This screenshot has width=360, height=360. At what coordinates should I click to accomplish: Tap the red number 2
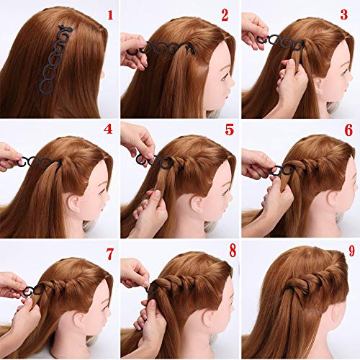pos(225,15)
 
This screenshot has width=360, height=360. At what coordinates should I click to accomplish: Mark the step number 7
pos(109,253)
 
